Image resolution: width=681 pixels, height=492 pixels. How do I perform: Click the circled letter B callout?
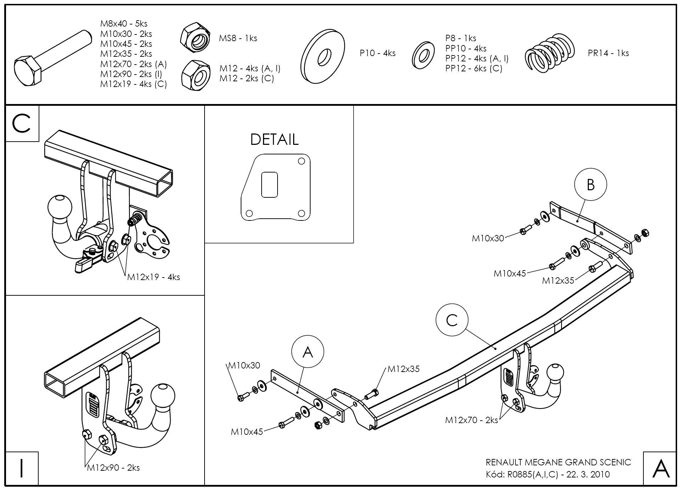590,185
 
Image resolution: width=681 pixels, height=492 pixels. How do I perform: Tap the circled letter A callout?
308,352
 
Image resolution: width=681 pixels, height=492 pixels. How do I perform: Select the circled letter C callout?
452,321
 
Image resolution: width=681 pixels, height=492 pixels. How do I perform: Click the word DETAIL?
274,140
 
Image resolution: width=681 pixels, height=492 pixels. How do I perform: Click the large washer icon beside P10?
323,57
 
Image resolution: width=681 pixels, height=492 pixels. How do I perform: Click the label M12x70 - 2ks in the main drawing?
471,420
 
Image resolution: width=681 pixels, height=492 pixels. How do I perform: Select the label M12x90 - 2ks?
113,468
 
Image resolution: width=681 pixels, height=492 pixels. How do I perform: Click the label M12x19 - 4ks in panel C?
153,277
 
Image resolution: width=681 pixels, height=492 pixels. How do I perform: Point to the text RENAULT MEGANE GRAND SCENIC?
558,462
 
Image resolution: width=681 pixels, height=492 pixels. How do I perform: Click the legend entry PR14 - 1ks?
608,53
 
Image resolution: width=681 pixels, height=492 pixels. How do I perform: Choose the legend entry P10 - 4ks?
378,53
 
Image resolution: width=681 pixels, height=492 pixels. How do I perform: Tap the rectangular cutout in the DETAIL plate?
269,185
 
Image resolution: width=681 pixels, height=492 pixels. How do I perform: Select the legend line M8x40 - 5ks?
124,24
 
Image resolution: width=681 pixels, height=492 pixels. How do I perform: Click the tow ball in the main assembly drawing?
556,374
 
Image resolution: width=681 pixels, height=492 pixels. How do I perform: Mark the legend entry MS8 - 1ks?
238,38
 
